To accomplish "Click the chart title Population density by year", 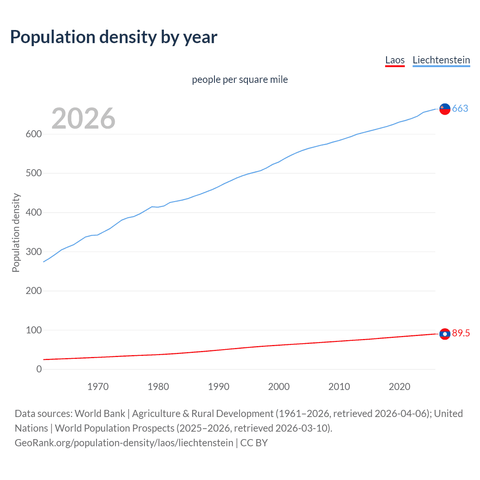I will coord(114,37).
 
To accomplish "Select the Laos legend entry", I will coord(395,60).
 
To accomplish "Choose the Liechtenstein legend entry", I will coord(441,60).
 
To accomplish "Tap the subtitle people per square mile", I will coord(240,79).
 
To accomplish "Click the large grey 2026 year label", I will coord(83,118).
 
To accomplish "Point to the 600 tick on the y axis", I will coord(33,134).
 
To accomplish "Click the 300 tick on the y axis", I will coord(33,252).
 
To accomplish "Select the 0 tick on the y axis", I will coord(39,369).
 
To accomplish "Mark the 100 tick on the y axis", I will coord(33,330).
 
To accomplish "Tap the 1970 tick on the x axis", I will coord(98,387).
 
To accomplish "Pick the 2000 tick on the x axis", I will coord(279,387).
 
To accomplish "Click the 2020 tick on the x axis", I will coord(399,387).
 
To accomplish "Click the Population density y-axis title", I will coord(16,232).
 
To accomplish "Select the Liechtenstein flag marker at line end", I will coord(445,109).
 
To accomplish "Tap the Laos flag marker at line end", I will coord(445,334).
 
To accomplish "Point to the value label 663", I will coord(460,109).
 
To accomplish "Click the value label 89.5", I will coord(460,333).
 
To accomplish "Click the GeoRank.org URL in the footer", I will coord(124,443).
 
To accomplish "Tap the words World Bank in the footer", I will coord(100,414).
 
